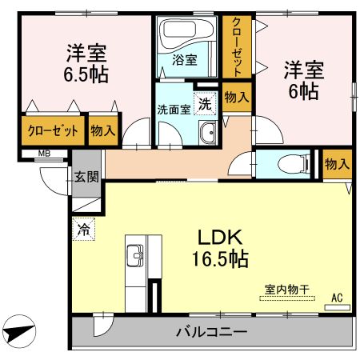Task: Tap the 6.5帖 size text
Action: point(86,74)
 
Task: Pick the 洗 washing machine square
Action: point(205,103)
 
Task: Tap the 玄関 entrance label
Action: point(86,178)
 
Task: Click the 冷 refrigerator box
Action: point(83,229)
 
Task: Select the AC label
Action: point(337,298)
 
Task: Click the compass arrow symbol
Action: point(22,330)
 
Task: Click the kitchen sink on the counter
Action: point(134,257)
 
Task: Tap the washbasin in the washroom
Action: point(207,135)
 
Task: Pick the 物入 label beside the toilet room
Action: point(337,164)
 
